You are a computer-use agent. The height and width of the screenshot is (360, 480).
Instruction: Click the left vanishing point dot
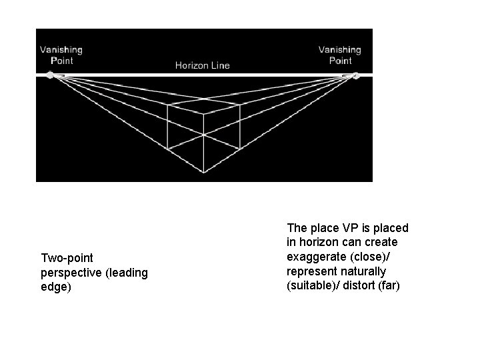(49, 75)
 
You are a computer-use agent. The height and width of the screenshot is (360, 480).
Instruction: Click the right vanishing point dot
(356, 75)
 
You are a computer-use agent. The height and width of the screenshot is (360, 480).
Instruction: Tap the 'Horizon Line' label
(202, 65)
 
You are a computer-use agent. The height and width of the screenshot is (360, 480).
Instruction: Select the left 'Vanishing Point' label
(61, 55)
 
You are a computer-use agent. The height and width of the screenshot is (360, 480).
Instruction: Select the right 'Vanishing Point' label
(340, 55)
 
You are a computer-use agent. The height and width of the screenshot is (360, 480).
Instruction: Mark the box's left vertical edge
(167, 127)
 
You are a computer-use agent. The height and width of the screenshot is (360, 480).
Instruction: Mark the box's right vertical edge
(239, 127)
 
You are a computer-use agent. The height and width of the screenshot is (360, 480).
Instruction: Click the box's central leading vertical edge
(203, 143)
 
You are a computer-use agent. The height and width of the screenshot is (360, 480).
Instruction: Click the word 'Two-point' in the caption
(67, 257)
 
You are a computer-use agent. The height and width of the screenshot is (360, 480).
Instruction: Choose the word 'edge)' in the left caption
(56, 287)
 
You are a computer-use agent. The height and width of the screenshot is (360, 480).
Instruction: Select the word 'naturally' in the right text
(363, 272)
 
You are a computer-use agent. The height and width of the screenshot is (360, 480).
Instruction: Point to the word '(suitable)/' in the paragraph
(312, 287)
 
